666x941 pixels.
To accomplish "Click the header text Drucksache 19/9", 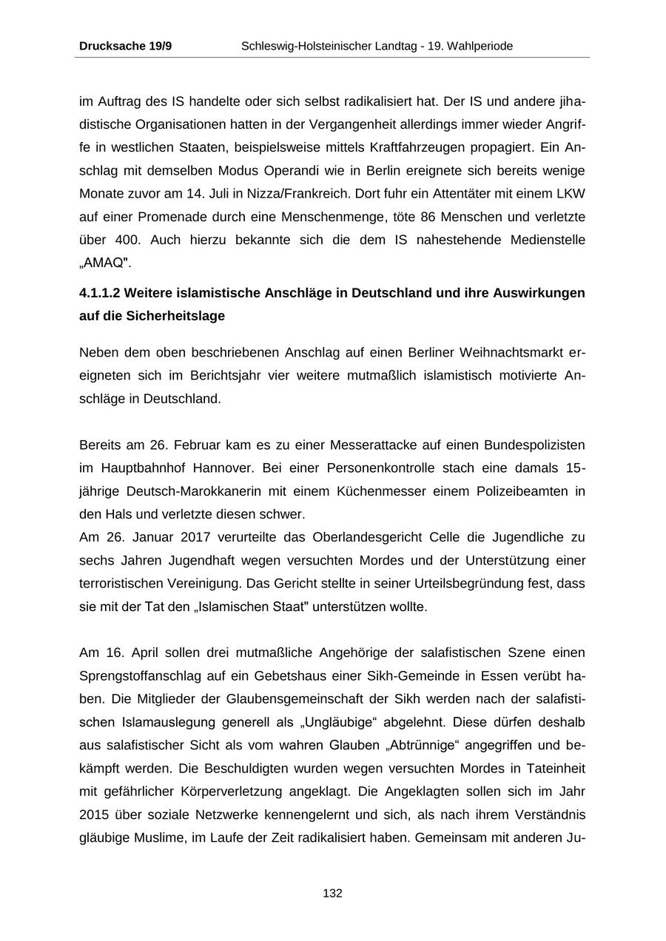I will tap(125, 46).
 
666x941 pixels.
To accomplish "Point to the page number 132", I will tap(332, 893).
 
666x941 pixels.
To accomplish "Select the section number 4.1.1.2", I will tap(100, 293).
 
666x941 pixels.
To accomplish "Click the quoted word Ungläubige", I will tap(370, 722).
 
